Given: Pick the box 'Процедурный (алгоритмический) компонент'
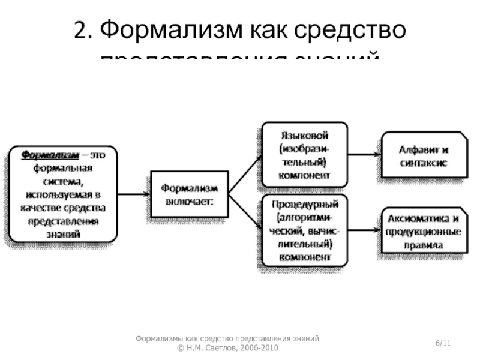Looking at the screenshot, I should (x=304, y=229).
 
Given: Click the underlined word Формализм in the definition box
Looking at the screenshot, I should (x=50, y=154).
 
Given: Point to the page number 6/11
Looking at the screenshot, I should (x=443, y=343).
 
